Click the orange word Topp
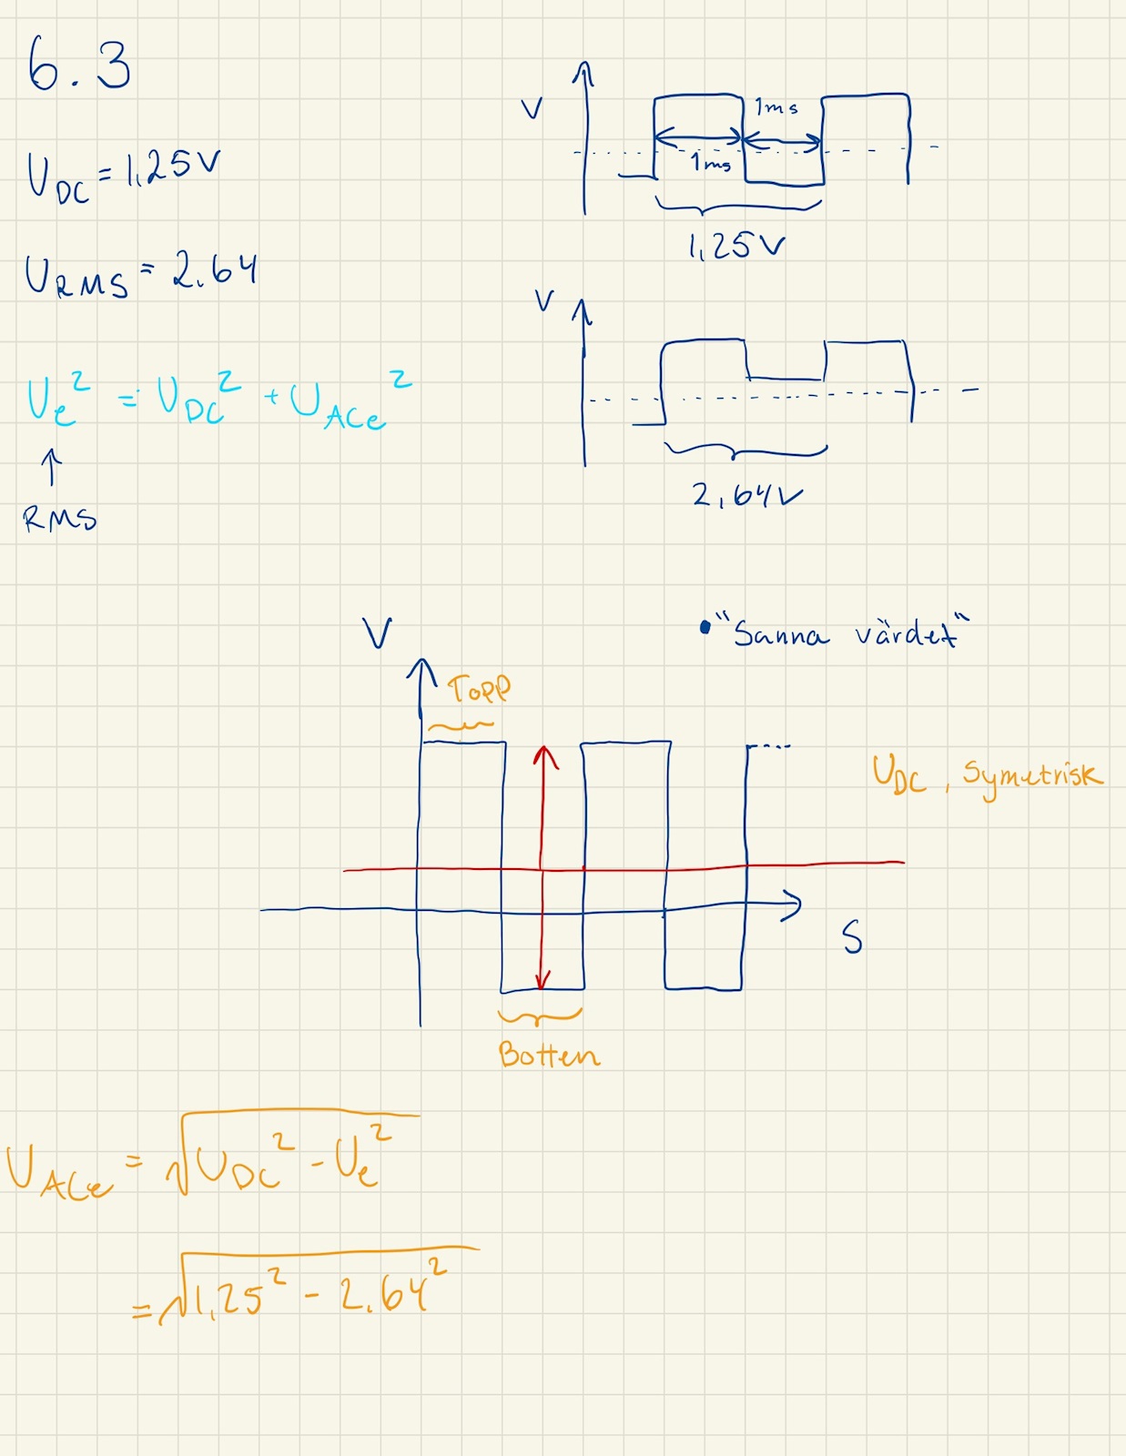click(x=479, y=689)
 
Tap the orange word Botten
click(x=549, y=1054)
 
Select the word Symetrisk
click(x=1032, y=776)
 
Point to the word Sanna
click(x=781, y=633)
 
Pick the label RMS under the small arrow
click(x=60, y=519)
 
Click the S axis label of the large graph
click(x=851, y=936)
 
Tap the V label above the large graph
click(x=377, y=632)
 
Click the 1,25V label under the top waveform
click(x=735, y=246)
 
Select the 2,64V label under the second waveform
click(x=746, y=495)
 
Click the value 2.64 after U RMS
click(x=215, y=270)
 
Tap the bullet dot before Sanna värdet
click(x=705, y=627)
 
